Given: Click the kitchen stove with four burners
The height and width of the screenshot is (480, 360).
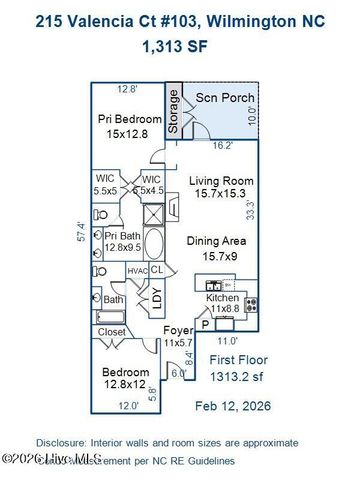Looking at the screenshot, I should tap(251, 305).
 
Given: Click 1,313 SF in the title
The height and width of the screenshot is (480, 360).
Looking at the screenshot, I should tap(180, 46).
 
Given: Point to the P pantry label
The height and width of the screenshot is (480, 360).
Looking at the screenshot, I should tap(205, 324).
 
